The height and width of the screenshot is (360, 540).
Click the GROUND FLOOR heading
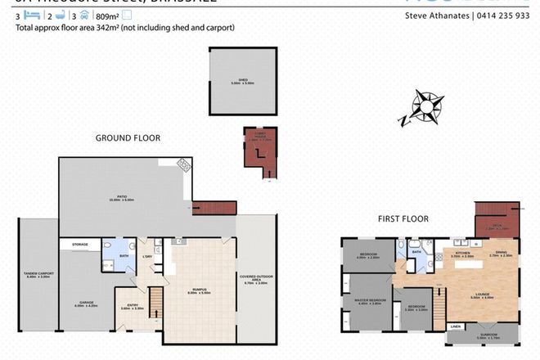128,138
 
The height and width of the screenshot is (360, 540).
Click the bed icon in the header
31,16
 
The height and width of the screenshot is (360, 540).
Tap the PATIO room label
120,198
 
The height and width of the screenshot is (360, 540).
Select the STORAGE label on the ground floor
79,244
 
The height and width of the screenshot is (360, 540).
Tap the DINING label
500,254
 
